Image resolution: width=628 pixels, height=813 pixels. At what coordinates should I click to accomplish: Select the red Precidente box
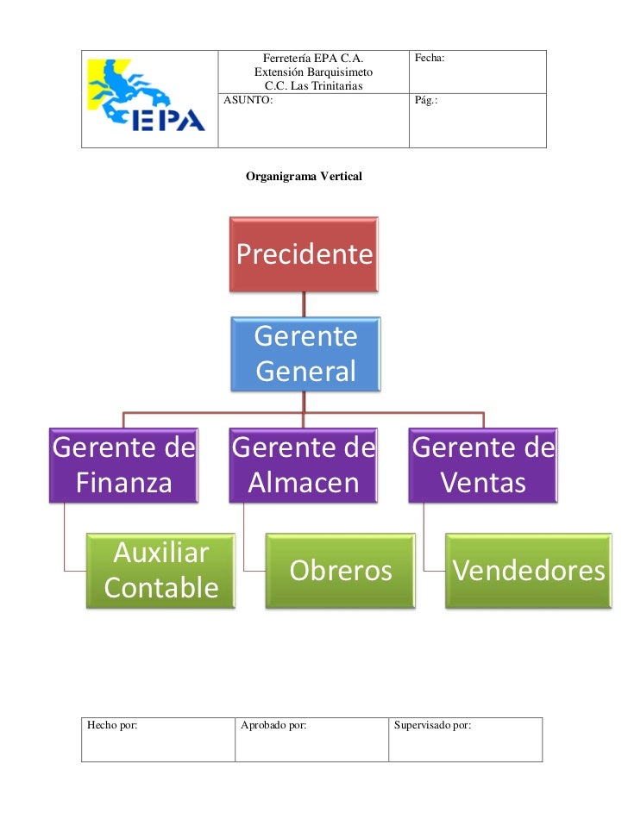click(304, 254)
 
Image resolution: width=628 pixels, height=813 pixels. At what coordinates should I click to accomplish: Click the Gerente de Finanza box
click(124, 466)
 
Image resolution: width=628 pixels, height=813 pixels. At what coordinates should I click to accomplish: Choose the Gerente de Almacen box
click(304, 466)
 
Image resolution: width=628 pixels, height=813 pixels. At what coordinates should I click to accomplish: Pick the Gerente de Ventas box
click(483, 466)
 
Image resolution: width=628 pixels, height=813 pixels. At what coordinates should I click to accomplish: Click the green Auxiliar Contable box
click(160, 571)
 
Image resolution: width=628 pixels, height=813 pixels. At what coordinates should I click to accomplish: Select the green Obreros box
click(340, 571)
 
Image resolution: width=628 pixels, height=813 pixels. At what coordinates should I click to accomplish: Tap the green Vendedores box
click(526, 571)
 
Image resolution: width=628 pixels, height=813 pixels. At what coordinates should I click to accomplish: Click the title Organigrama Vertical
click(305, 177)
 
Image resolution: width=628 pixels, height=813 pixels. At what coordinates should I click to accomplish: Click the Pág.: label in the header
click(426, 101)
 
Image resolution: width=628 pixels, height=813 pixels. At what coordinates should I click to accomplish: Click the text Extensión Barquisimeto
click(313, 72)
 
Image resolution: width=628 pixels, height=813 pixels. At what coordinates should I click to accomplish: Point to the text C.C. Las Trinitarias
click(313, 86)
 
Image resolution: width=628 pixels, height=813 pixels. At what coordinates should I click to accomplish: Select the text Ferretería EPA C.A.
click(313, 59)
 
